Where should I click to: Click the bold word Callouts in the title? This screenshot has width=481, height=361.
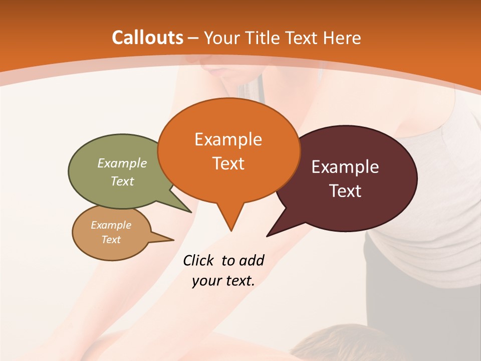tap(147, 38)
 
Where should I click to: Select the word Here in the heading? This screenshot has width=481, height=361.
tap(342, 38)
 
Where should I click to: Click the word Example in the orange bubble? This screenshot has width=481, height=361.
tap(228, 139)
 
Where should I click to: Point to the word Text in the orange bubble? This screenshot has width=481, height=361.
tap(228, 163)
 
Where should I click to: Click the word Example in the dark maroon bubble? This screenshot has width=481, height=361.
tap(345, 167)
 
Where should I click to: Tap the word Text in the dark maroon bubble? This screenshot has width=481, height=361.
tap(346, 191)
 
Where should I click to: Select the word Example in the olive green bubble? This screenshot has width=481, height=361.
tap(122, 163)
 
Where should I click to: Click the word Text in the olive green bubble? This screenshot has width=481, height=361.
tap(122, 181)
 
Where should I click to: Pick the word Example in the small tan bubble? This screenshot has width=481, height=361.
tap(111, 225)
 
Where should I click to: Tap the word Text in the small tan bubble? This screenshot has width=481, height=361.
tap(111, 240)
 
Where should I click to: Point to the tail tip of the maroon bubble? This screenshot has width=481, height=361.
tap(268, 236)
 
